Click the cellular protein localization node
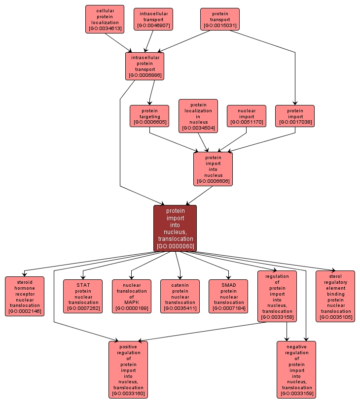[x=105, y=19]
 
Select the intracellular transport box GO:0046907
[x=153, y=19]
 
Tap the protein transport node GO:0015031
[x=220, y=19]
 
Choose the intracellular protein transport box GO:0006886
[x=144, y=66]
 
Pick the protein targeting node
[x=149, y=116]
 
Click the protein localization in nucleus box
[x=198, y=116]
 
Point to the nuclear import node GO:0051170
[x=246, y=116]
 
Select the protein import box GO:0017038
[x=295, y=116]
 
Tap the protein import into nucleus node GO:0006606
[x=213, y=169]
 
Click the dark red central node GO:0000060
[x=175, y=228]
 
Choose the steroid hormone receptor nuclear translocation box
[x=24, y=296]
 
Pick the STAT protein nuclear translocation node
[x=83, y=296]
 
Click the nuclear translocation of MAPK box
[x=132, y=296]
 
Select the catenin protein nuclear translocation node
[x=180, y=296]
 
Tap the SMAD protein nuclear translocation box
[x=228, y=296]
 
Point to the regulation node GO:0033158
[x=277, y=296]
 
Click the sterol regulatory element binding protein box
[x=335, y=296]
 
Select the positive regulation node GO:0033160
[x=128, y=370]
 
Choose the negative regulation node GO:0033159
[x=296, y=370]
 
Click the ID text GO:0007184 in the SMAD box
[x=228, y=309]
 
